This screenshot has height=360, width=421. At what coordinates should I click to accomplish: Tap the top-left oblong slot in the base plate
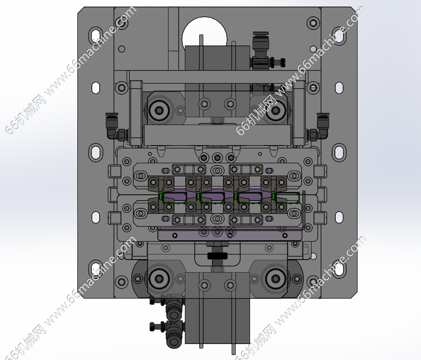tap(95, 35)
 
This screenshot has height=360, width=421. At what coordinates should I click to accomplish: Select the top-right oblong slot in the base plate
tap(339, 35)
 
